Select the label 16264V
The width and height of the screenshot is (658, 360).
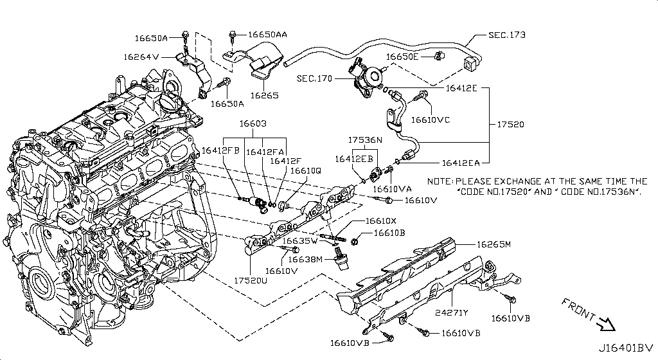tap(141, 57)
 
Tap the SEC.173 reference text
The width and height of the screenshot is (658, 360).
tap(506, 35)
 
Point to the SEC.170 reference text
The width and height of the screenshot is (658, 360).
tap(316, 79)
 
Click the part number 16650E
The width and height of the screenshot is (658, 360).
tap(404, 57)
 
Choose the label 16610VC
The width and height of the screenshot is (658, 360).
tap(431, 119)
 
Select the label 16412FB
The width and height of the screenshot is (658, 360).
tap(220, 150)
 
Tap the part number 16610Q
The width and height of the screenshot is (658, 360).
tap(305, 171)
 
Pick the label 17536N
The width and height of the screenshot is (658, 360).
tap(365, 139)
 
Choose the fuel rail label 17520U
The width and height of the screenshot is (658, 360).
tap(252, 281)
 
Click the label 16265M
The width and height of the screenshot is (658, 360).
tap(493, 244)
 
